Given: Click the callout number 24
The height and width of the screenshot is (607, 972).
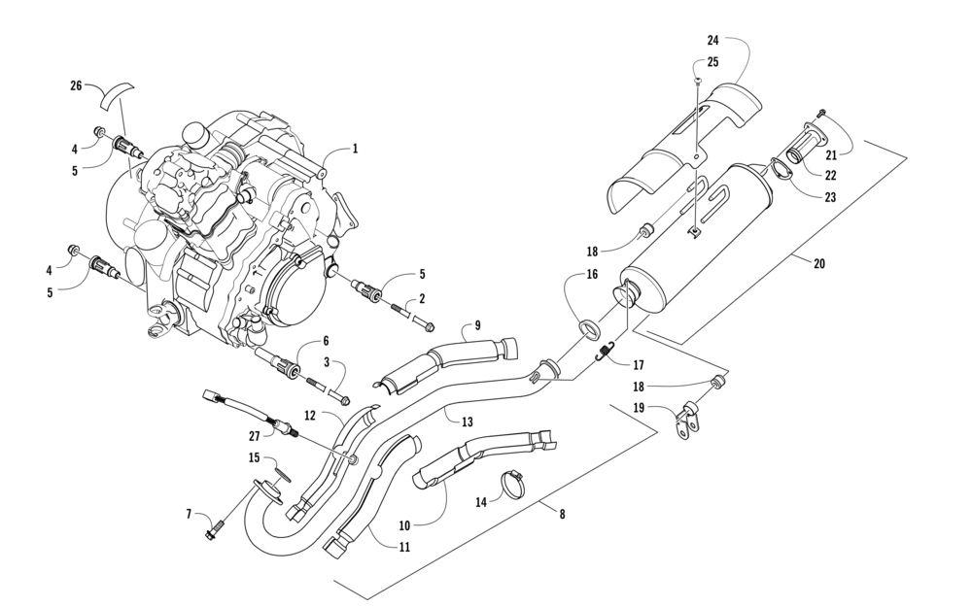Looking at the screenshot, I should point(712,41).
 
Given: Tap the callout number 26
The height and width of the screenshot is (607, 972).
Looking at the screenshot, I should point(76,86).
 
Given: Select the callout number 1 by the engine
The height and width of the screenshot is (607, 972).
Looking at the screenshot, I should point(355,150).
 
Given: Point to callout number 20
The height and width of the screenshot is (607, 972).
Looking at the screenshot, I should point(819,262).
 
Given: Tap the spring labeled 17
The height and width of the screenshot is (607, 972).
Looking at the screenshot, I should point(607,351).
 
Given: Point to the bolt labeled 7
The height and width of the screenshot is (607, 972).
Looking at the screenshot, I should point(213,531).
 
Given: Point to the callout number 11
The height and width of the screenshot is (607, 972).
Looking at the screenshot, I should point(404,547).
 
